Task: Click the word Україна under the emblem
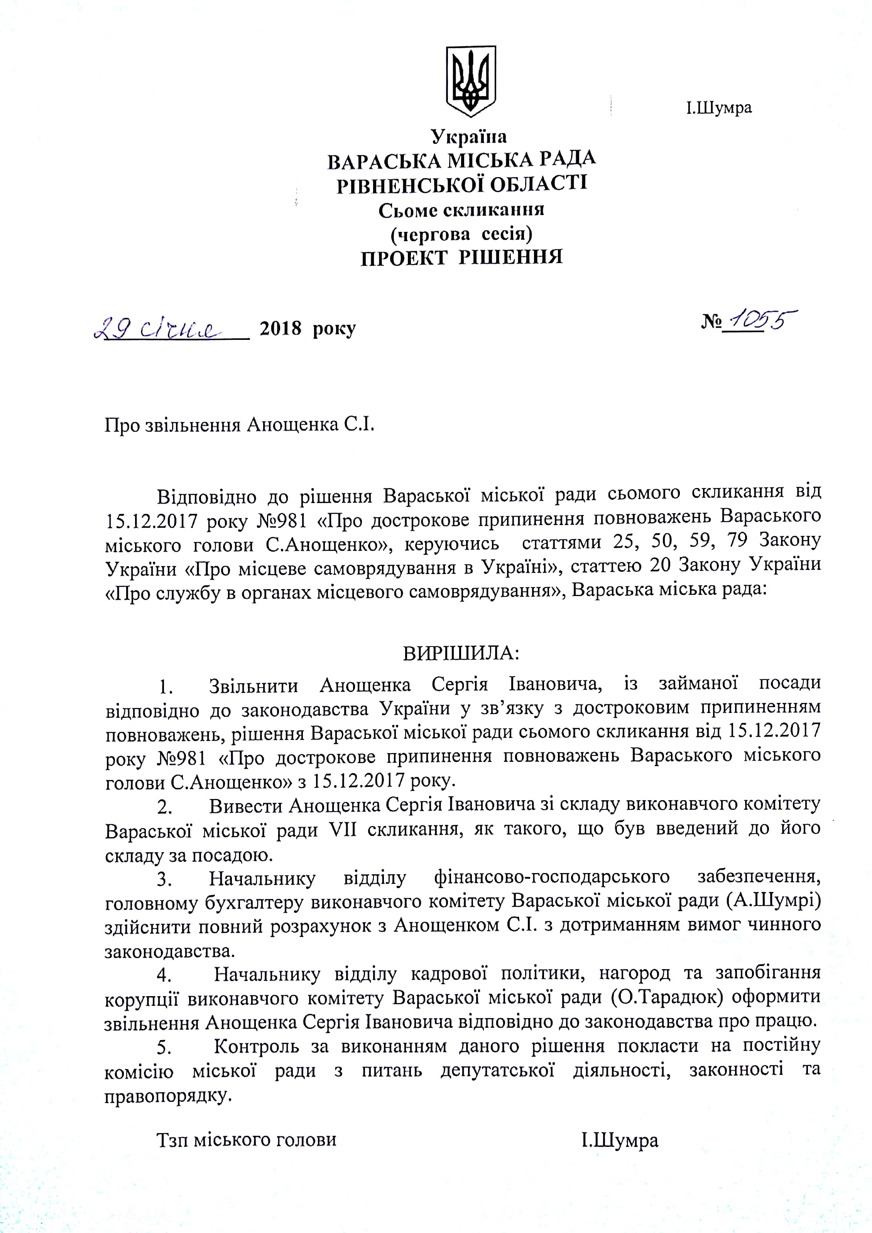pos(469,137)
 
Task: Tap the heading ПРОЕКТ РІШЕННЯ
pos(461,258)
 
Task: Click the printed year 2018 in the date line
pos(280,329)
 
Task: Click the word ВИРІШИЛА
pos(461,654)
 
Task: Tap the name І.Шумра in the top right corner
pos(718,108)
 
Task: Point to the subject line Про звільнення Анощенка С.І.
pos(239,425)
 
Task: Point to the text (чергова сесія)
pos(461,234)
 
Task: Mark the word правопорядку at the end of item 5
pos(167,1096)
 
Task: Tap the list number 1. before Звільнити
pos(166,687)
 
